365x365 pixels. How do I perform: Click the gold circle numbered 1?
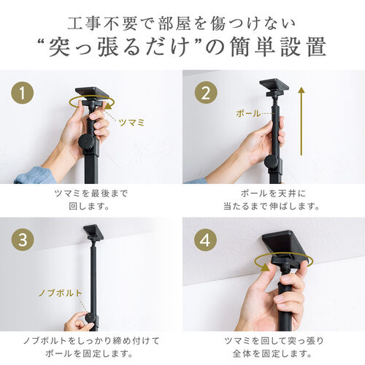click(23, 93)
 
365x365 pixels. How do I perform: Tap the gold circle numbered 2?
click(206, 93)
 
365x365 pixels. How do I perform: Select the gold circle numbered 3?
click(23, 240)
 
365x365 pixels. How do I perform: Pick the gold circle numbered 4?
click(206, 240)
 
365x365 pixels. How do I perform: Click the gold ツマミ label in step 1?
click(132, 123)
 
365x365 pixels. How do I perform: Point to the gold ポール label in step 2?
click(248, 113)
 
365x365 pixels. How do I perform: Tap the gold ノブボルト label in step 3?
click(61, 293)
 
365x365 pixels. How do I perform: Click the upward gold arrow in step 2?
click(301, 121)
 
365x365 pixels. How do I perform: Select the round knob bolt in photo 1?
click(86, 142)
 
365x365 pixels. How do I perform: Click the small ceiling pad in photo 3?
click(91, 230)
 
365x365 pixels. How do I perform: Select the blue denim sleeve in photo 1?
click(35, 176)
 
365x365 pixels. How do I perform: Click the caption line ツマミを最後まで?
click(91, 193)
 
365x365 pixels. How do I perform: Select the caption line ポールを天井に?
click(273, 193)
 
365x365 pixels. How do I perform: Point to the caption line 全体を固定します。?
click(272, 353)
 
